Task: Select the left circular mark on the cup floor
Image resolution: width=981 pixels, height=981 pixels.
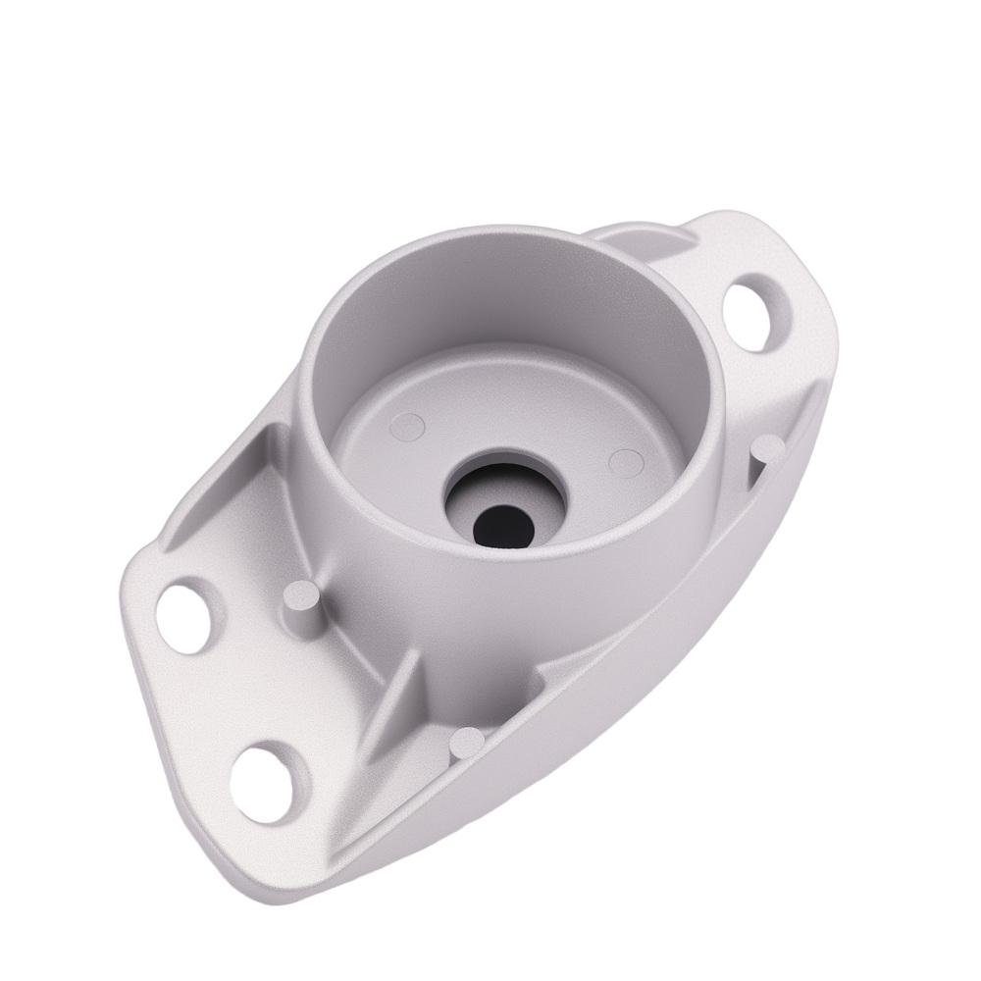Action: click(408, 425)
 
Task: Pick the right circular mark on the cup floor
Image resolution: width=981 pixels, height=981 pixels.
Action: click(624, 460)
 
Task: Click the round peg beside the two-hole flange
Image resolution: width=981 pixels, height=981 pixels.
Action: click(302, 598)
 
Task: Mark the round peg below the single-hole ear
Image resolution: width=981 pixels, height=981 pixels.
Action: click(769, 449)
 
